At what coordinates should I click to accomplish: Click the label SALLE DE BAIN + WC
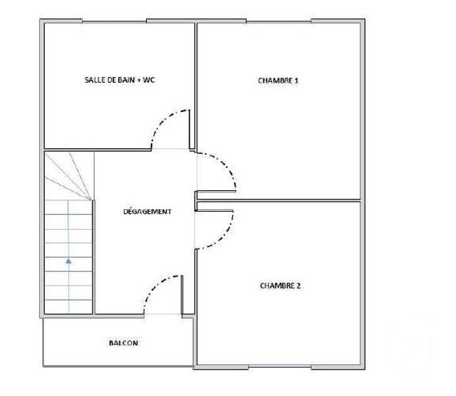[119, 80]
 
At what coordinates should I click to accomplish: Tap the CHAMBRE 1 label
[278, 80]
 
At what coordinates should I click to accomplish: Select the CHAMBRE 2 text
[280, 286]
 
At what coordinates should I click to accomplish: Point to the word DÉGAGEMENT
[147, 212]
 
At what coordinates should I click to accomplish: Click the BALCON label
[123, 343]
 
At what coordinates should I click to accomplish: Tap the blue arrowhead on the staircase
[68, 261]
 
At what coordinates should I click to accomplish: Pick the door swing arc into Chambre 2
[224, 232]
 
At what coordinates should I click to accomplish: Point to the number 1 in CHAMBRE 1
[296, 80]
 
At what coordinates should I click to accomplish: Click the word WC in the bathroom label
[148, 80]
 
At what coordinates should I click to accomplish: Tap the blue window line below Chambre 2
[280, 366]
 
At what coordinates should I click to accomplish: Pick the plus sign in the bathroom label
[138, 80]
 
